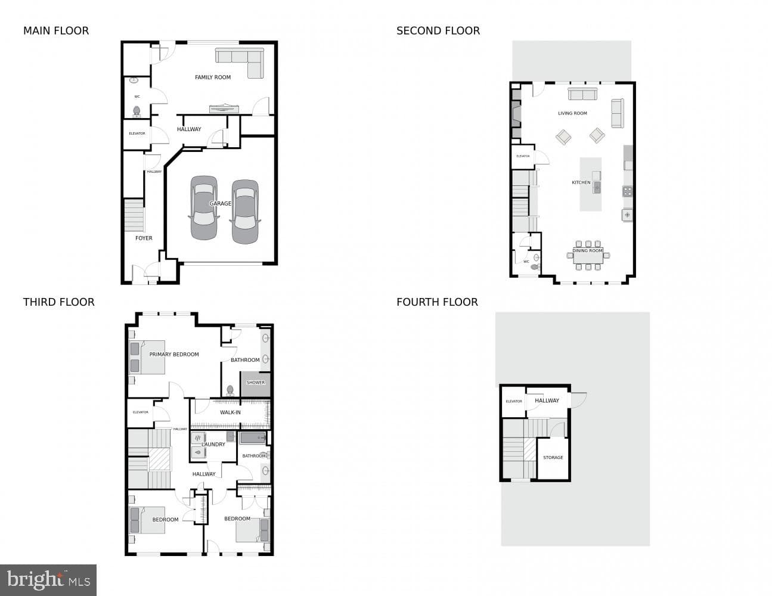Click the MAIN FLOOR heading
click(56, 31)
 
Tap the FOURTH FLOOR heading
click(437, 302)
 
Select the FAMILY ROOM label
click(213, 77)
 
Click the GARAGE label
click(220, 203)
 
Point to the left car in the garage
click(204, 208)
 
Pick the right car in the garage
click(245, 212)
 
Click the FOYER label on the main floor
click(144, 238)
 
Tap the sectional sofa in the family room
click(240, 63)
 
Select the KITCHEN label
click(581, 182)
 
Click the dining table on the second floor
click(588, 256)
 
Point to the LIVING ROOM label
click(572, 113)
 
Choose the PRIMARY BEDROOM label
click(174, 355)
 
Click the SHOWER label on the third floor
click(256, 383)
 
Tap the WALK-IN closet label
click(230, 412)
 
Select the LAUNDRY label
click(213, 445)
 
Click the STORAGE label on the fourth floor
click(553, 458)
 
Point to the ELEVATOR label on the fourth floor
click(514, 401)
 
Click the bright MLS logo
click(48, 580)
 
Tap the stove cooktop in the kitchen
click(627, 191)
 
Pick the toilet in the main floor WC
click(137, 111)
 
